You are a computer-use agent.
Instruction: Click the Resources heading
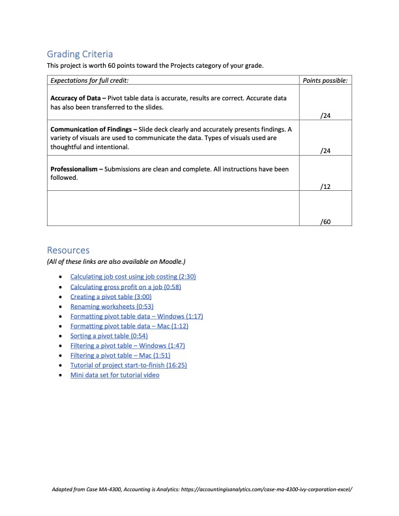(68, 250)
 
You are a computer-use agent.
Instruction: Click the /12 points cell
(325, 186)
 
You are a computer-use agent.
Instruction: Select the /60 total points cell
(325, 222)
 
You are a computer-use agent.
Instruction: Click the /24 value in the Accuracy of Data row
(325, 115)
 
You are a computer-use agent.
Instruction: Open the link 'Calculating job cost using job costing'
(133, 277)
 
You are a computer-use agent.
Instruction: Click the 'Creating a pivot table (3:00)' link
(111, 296)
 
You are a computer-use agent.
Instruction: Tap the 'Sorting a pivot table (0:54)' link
(109, 336)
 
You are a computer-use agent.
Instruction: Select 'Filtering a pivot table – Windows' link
(137, 345)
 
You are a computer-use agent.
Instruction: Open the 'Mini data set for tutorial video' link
(115, 375)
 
